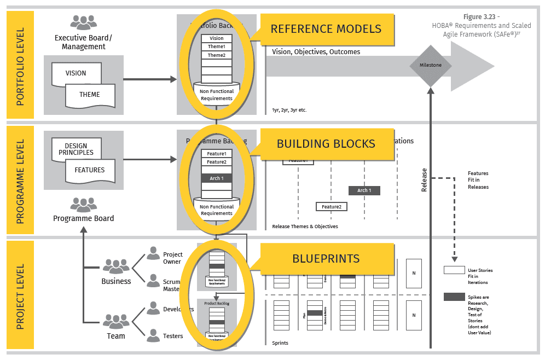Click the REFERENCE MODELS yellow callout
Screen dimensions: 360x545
point(326,29)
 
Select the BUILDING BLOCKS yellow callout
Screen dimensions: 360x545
point(326,144)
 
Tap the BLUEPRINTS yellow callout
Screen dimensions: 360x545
point(326,258)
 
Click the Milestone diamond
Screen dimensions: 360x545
point(431,65)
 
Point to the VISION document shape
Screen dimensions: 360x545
point(76,73)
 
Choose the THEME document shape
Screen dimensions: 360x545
point(90,95)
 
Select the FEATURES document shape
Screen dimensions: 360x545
point(90,170)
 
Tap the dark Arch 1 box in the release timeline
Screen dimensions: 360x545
point(364,190)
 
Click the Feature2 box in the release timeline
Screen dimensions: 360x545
point(332,207)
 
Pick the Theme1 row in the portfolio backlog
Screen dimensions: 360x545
point(217,47)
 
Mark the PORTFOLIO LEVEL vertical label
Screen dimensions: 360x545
point(20,65)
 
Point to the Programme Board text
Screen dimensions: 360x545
point(84,218)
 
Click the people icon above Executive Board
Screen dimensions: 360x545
point(84,23)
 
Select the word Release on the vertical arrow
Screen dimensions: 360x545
point(424,180)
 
